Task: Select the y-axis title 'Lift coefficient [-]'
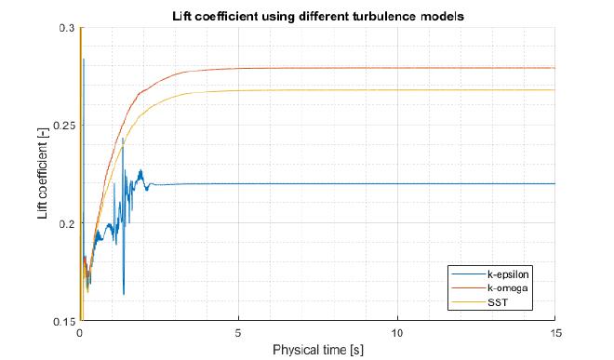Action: click(43, 175)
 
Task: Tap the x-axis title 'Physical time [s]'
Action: click(319, 352)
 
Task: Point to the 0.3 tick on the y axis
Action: click(68, 28)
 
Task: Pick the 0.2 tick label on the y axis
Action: click(68, 223)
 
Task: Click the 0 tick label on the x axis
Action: click(81, 333)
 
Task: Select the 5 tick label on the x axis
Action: click(239, 333)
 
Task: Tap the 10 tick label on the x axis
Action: click(397, 333)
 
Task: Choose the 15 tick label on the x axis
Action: click(555, 333)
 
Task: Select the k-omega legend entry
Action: click(501, 289)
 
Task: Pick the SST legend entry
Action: click(492, 303)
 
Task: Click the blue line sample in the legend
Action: click(461, 275)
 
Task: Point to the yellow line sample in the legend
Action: click(461, 303)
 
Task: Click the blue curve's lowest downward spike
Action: click(124, 294)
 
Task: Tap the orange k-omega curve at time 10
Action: click(397, 68)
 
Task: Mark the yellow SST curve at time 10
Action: click(397, 90)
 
